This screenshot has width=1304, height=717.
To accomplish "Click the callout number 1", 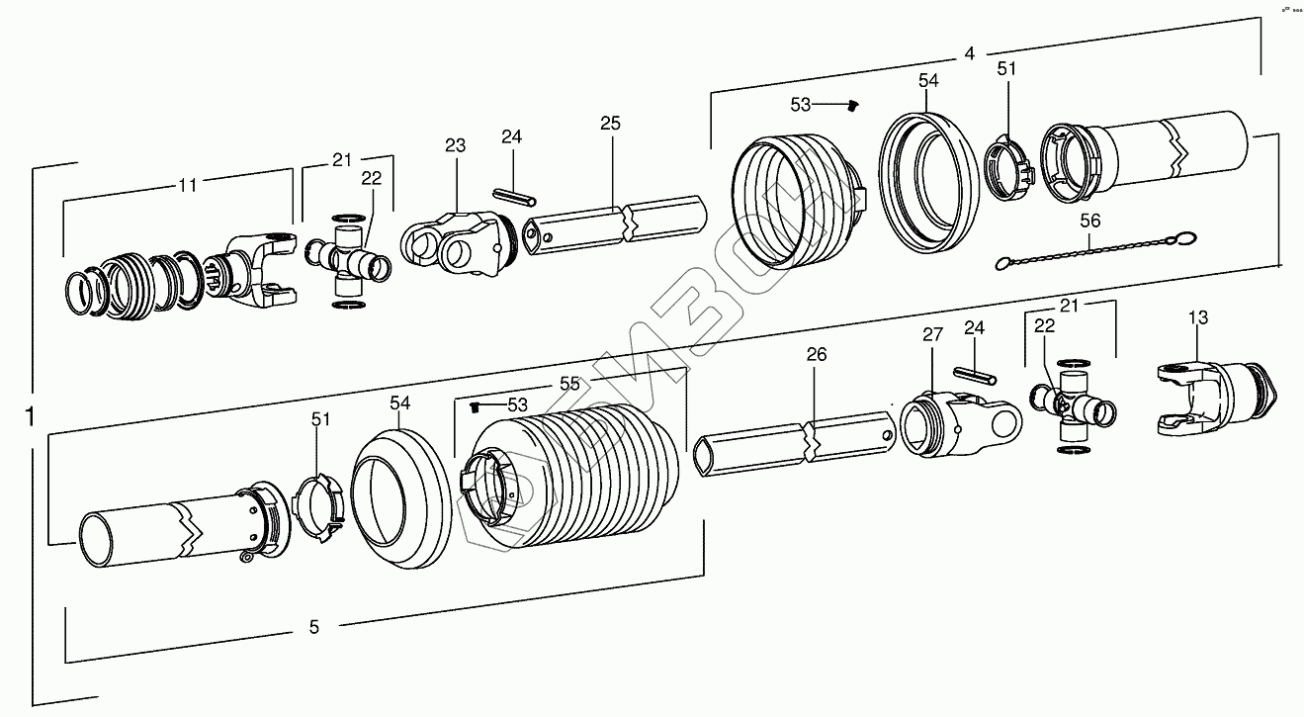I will (31, 415).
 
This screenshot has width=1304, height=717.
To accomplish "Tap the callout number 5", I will (313, 626).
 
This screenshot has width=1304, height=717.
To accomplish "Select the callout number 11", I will (187, 184).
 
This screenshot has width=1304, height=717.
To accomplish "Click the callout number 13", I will (1198, 318).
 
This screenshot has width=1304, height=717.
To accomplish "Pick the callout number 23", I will (455, 145).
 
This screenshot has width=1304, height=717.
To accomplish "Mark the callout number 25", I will (610, 124).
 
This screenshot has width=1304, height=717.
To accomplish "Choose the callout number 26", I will (816, 354).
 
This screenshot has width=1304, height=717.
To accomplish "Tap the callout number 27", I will (932, 335).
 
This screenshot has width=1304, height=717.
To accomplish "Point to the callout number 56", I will (1089, 222).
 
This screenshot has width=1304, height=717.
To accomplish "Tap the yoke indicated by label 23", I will (456, 242).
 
